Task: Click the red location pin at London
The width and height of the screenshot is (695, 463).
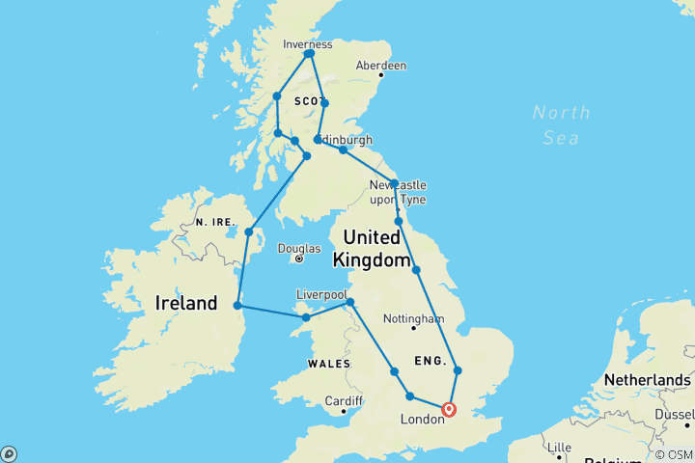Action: [449, 409]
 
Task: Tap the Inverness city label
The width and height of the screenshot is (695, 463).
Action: [308, 44]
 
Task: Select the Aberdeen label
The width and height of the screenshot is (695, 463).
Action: [381, 66]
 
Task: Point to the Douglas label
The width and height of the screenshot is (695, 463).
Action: [298, 248]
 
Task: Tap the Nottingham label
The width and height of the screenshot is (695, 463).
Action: [412, 318]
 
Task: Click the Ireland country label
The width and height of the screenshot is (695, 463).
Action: [186, 303]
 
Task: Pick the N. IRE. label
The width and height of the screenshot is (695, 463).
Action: [215, 221]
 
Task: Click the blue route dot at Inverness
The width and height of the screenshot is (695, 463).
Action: [309, 54]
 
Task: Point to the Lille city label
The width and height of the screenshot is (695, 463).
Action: [558, 447]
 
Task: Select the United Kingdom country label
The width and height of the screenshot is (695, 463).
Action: [367, 248]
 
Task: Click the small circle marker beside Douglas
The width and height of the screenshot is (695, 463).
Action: [299, 259]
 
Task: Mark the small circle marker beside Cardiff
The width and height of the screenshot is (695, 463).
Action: [344, 412]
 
